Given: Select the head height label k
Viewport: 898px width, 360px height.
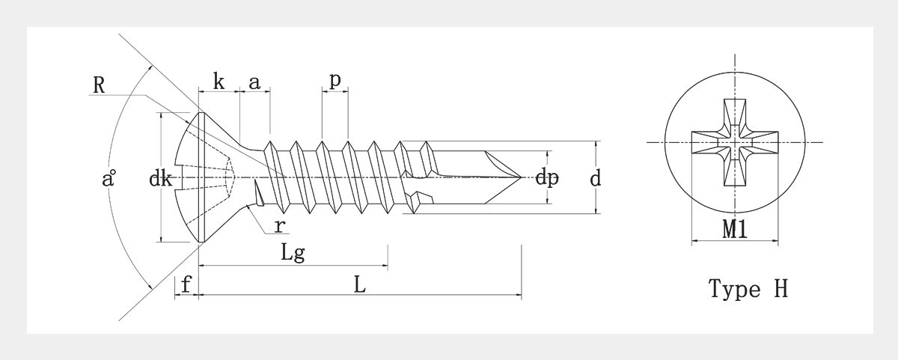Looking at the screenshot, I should [218, 82].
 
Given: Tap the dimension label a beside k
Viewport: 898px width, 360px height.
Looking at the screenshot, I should [254, 82].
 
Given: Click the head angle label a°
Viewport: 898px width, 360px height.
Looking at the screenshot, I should [109, 180].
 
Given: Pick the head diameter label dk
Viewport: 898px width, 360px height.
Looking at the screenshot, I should [161, 179].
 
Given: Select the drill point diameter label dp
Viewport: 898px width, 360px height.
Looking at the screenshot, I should [548, 180].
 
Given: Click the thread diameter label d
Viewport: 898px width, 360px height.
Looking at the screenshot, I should [596, 178].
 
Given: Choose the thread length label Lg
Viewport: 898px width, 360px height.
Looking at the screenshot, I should [293, 253].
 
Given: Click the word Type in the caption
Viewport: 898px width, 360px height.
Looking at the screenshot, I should [733, 290].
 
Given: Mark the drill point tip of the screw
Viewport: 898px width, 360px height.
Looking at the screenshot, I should [522, 177].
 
